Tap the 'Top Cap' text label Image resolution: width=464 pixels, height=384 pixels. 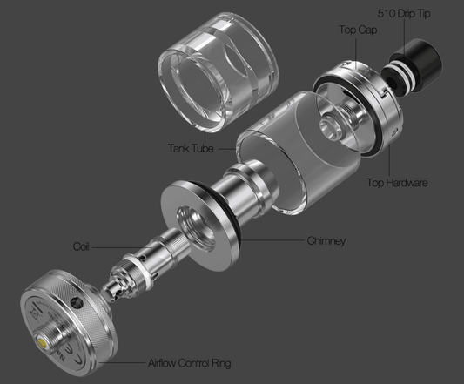click(357, 29)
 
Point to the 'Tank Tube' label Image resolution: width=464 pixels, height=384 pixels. click(191, 147)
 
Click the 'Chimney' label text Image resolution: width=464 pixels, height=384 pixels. click(326, 239)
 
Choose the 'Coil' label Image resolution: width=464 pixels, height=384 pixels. click(81, 246)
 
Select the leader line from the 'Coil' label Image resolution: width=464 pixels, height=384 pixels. click(108, 246)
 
